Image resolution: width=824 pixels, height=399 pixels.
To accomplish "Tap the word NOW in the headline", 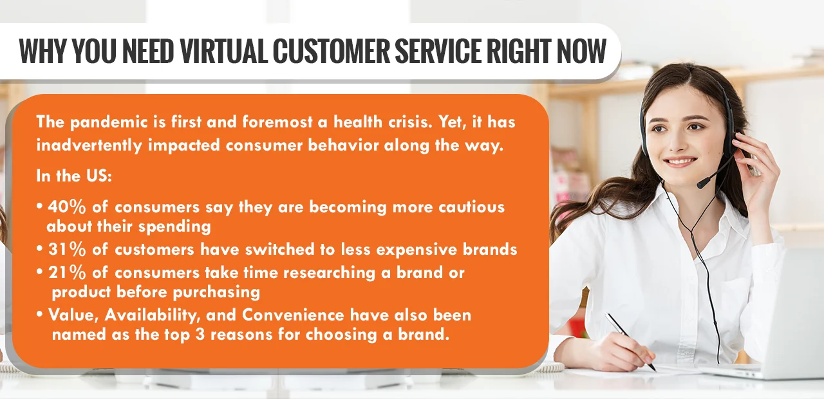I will click(x=578, y=51).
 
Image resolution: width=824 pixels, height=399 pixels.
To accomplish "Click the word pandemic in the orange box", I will click(x=102, y=122).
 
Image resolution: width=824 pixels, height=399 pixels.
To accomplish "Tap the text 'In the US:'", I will click(x=74, y=176).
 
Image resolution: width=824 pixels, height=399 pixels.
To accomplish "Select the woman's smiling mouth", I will click(x=680, y=160).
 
